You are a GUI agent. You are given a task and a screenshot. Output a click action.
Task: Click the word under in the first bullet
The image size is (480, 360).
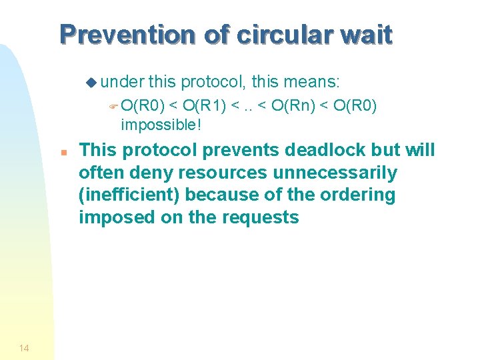tap(123, 82)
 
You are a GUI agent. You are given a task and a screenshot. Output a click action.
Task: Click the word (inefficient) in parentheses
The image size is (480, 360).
tap(129, 195)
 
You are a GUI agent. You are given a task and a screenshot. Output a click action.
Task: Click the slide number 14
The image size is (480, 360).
tap(24, 347)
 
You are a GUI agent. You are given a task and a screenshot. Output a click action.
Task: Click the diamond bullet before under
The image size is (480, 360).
tap(91, 83)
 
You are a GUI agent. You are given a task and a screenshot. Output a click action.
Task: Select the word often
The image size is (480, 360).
tap(98, 173)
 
